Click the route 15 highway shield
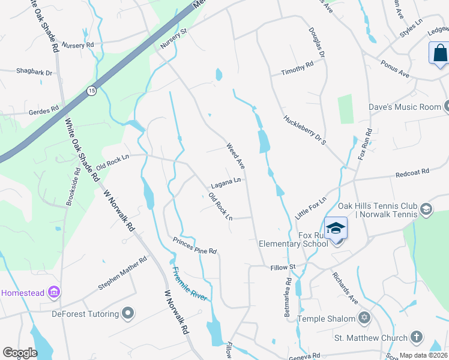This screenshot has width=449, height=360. coord(91,91)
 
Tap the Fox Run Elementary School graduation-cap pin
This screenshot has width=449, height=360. coord(336,229)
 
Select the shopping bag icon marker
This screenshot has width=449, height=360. coord(439,53)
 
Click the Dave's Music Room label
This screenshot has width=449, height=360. coord(405,107)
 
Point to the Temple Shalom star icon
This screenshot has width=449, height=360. coord(363,317)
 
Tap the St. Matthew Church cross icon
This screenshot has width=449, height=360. coord(417,338)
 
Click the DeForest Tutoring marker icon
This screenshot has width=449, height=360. coord(127,313)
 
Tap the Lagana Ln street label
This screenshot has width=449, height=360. coord(226,181)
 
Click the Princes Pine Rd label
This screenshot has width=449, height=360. coord(194,246)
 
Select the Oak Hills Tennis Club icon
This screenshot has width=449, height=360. coord(426,209)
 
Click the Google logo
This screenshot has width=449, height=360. coord(20,353)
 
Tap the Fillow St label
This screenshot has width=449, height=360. coord(283,266)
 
